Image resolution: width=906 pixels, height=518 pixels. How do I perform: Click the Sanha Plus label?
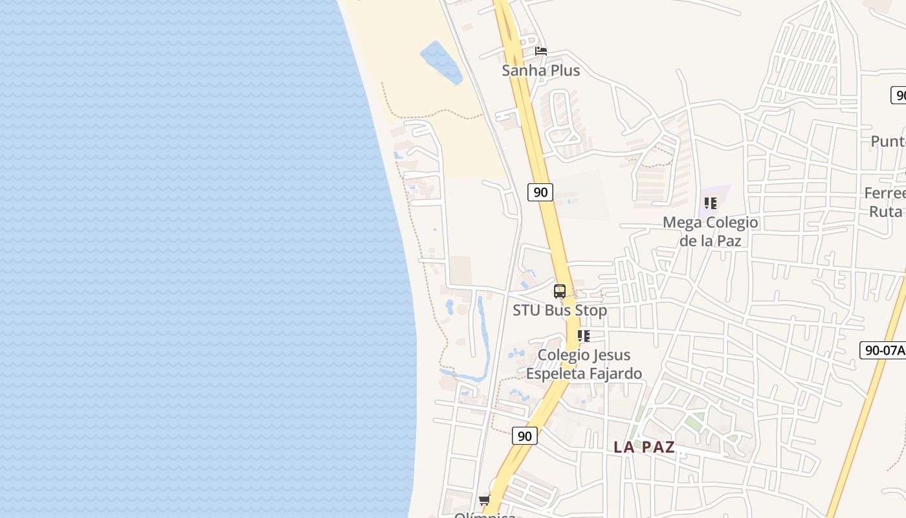pyautogui.click(x=541, y=71)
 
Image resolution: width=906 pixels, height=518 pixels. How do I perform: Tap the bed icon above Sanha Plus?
pyautogui.click(x=541, y=51)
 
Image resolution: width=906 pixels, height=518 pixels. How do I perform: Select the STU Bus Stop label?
pyautogui.click(x=560, y=310)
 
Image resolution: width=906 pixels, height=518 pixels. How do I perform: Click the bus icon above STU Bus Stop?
pyautogui.click(x=560, y=291)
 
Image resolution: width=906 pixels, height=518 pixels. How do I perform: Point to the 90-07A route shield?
pyautogui.click(x=884, y=350)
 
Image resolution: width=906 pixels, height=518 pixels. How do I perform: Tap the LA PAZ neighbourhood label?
pyautogui.click(x=644, y=447)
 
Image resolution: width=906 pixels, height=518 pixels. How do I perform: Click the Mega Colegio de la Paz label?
pyautogui.click(x=710, y=231)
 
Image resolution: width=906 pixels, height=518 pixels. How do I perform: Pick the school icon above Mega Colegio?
pyautogui.click(x=711, y=203)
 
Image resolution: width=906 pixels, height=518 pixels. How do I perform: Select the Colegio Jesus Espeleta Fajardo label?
pyautogui.click(x=584, y=364)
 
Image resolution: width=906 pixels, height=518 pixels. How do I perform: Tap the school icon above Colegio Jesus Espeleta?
pyautogui.click(x=584, y=336)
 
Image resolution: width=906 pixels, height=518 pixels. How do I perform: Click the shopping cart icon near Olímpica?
pyautogui.click(x=484, y=500)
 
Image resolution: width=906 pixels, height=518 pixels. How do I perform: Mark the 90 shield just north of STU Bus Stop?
pyautogui.click(x=540, y=192)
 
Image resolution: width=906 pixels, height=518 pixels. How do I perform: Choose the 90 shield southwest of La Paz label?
pyautogui.click(x=525, y=436)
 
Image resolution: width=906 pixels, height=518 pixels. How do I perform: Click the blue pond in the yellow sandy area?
pyautogui.click(x=442, y=62)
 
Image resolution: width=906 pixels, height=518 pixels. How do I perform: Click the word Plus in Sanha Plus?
pyautogui.click(x=564, y=71)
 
